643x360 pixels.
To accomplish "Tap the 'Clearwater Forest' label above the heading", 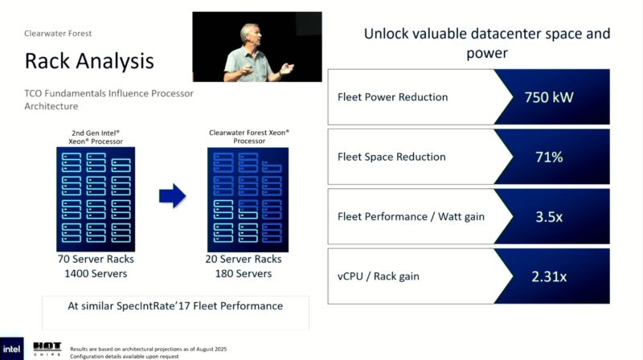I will pyautogui.click(x=58, y=33).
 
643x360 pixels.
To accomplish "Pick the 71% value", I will pyautogui.click(x=550, y=157).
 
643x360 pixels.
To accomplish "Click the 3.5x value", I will pyautogui.click(x=550, y=216).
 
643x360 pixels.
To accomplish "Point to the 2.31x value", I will pyautogui.click(x=550, y=276).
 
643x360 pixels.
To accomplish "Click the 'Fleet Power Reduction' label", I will pyautogui.click(x=393, y=97).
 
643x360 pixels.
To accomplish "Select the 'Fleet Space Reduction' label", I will pyautogui.click(x=391, y=157).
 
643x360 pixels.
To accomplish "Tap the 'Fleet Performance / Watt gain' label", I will pyautogui.click(x=411, y=216).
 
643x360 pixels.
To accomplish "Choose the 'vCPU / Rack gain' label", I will pyautogui.click(x=379, y=276).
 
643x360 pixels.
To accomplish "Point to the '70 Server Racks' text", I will pyautogui.click(x=97, y=260).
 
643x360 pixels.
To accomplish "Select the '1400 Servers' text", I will pyautogui.click(x=97, y=274).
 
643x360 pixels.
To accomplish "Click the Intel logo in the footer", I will pyautogui.click(x=12, y=350).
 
